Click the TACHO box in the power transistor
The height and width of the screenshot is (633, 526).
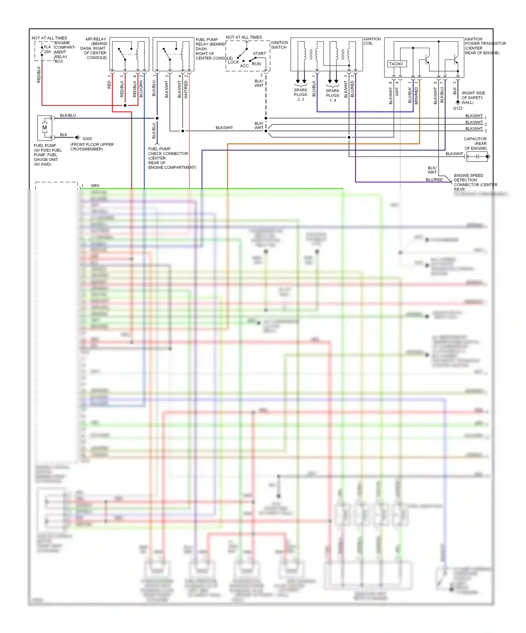point(397,64)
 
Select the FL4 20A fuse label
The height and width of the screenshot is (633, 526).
point(47,49)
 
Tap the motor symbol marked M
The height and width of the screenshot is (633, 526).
point(45,128)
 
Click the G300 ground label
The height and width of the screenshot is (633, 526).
point(87,139)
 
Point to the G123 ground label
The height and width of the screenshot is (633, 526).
point(458,108)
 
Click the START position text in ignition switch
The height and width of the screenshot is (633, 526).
point(259,54)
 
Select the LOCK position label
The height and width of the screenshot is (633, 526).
point(233,62)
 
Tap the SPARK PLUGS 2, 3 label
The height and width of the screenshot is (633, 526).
point(301,95)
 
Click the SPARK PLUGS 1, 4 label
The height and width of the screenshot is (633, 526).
point(332,95)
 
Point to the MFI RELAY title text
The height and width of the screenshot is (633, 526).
point(96,39)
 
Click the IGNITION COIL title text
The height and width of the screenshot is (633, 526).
point(372,41)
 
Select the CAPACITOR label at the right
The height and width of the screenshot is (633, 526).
point(475,139)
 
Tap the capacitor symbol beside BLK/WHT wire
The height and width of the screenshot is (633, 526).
point(477,157)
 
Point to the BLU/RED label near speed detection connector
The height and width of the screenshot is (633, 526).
point(434,180)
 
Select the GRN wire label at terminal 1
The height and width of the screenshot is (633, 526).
point(95,186)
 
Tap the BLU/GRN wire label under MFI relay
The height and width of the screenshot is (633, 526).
point(141,89)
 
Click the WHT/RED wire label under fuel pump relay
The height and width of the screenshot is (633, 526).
point(186,89)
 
